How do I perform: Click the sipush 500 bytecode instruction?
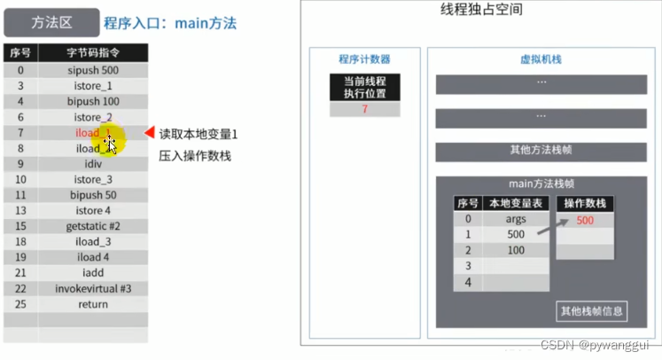(x=92, y=70)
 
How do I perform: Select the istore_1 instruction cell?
(x=92, y=86)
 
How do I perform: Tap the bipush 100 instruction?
(x=92, y=102)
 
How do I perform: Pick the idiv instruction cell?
(x=92, y=164)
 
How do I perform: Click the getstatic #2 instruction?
(x=92, y=226)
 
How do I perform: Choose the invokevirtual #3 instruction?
(x=92, y=288)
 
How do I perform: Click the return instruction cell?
(x=92, y=304)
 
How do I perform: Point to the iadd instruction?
(x=92, y=273)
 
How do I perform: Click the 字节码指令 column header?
(x=92, y=52)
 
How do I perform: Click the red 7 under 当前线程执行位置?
(x=364, y=109)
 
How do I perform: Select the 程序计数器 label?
(x=363, y=59)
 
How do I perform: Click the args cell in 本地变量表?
(x=516, y=219)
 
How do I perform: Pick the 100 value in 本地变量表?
(x=516, y=251)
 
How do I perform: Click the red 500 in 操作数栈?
(x=585, y=220)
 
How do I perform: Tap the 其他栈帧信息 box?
(x=591, y=311)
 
